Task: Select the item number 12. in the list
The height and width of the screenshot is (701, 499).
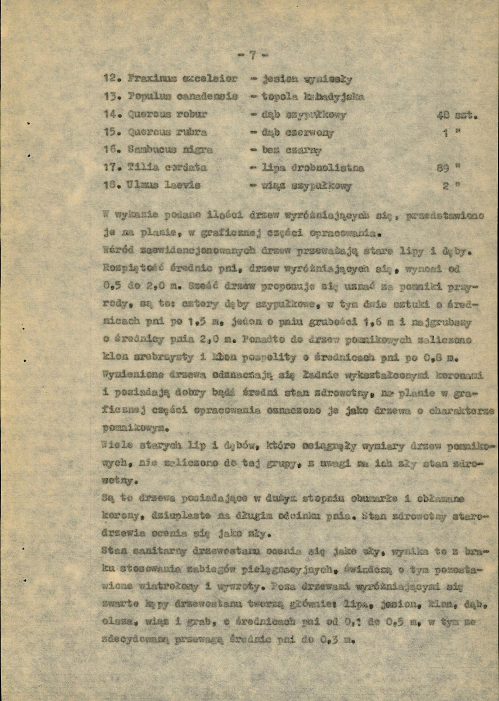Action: (111, 78)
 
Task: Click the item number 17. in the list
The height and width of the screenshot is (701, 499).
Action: (111, 168)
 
